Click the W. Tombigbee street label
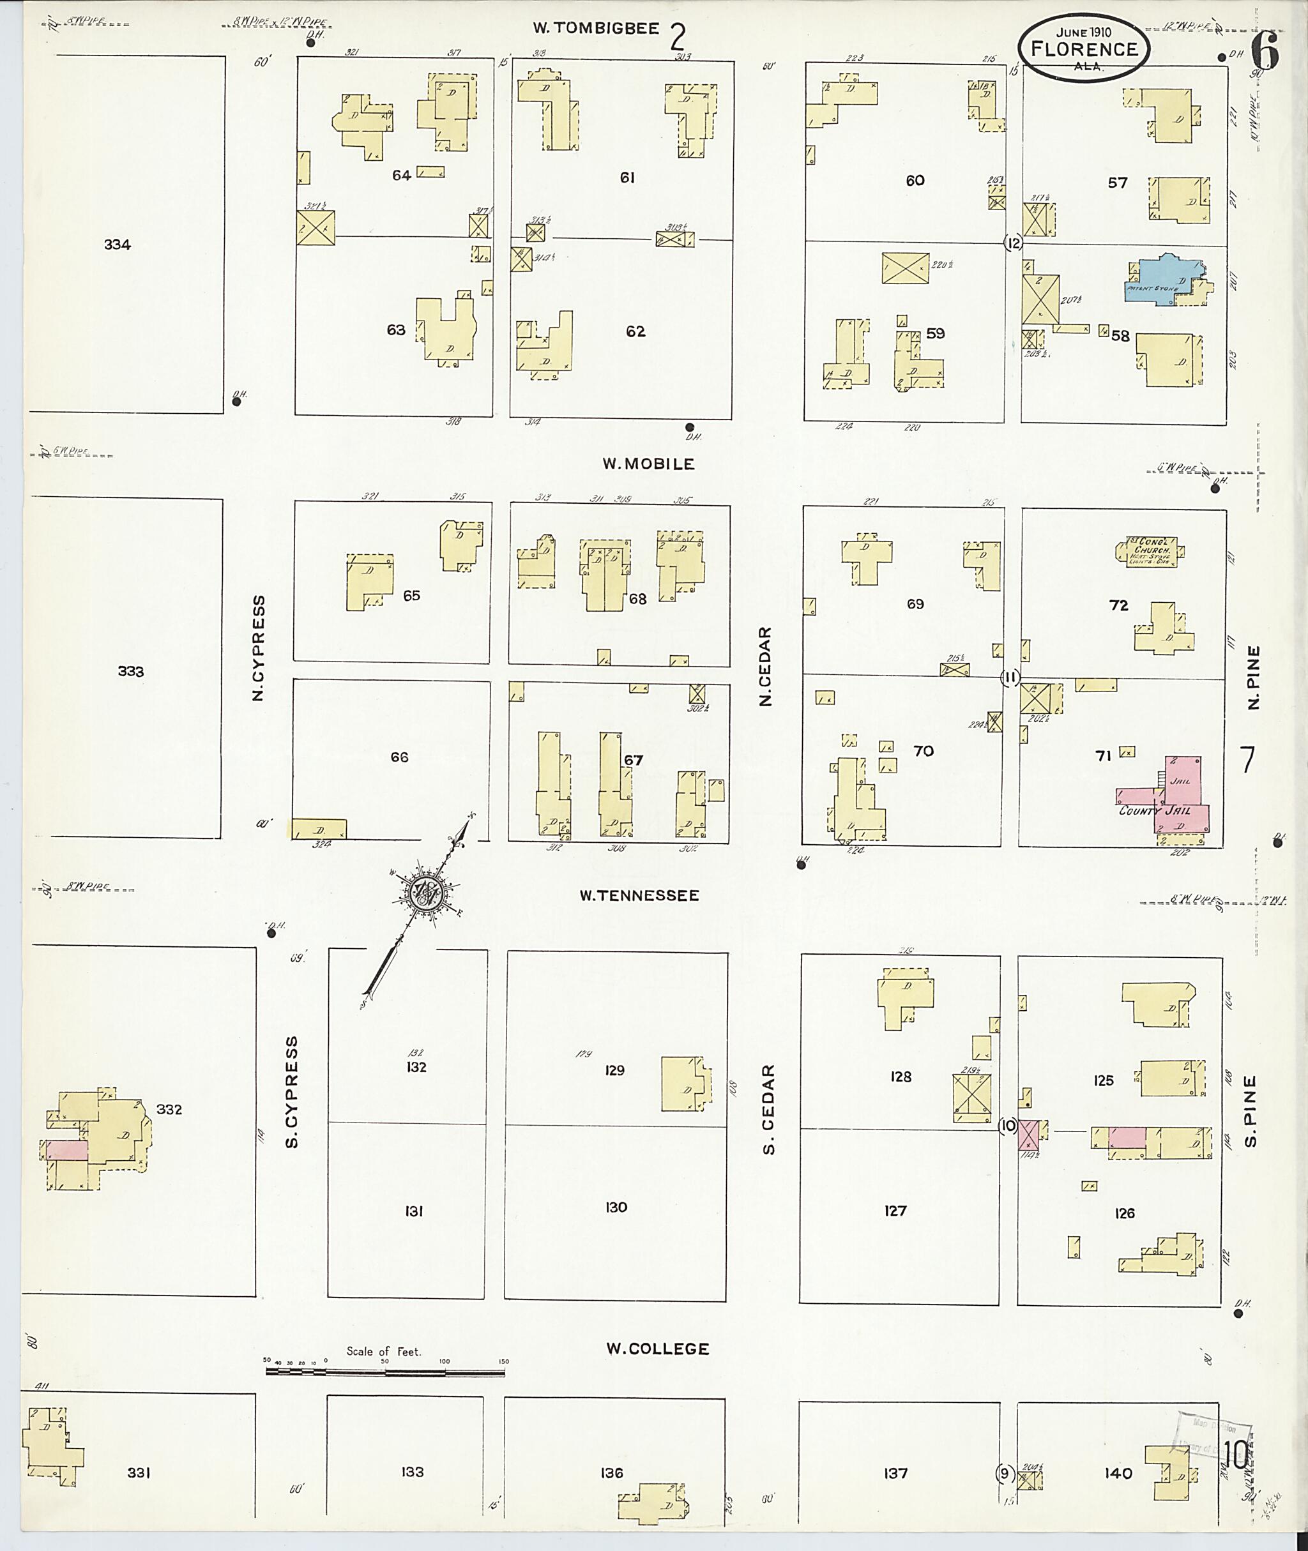point(596,29)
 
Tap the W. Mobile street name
point(648,464)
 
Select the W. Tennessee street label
point(639,896)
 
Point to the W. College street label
point(658,1349)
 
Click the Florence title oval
point(1083,48)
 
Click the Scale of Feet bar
point(386,1371)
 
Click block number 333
point(130,672)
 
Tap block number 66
point(399,757)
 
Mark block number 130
point(616,1207)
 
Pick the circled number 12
point(1013,243)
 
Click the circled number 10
point(1008,1126)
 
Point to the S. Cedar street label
point(768,1109)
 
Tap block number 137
point(895,1473)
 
